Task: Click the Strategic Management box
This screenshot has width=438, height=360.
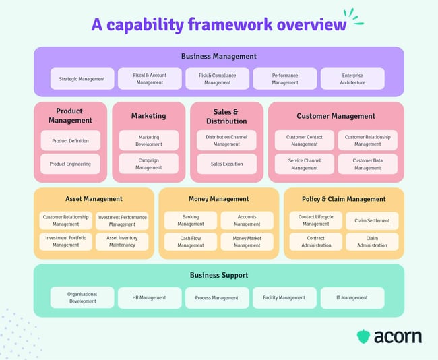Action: point(82,79)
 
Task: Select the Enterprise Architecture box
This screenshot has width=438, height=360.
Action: point(352,79)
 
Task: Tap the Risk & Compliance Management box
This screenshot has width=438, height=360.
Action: point(217,79)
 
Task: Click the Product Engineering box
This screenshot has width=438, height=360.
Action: point(70,164)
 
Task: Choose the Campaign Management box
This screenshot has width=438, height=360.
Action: point(149,164)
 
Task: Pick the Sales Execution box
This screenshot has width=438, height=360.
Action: point(226,164)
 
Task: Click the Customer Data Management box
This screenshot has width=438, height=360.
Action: point(367,164)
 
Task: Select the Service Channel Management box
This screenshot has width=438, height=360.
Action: point(304,164)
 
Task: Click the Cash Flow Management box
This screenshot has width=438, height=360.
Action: point(191,241)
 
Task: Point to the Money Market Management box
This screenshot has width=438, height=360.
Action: point(247,241)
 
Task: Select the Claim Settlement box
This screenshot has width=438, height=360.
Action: point(372,220)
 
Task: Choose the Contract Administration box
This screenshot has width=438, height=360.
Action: point(316,241)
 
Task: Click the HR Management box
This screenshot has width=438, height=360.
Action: point(150,297)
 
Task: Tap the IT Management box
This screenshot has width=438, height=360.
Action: point(352,297)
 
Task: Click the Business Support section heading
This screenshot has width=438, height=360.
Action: point(219,275)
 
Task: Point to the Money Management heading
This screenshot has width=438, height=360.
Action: point(219,199)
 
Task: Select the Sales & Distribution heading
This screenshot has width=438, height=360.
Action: point(226,116)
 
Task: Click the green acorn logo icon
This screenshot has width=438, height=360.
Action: point(363,336)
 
